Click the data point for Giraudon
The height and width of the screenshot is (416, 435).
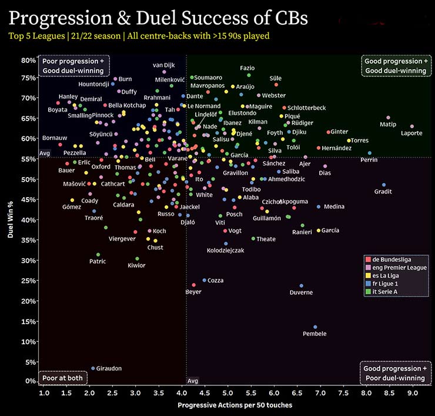pyautogui.click(x=93, y=368)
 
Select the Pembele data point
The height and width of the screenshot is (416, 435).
pyautogui.click(x=315, y=327)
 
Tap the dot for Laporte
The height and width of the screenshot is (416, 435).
pyautogui.click(x=411, y=127)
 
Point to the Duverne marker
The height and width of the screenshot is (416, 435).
pyautogui.click(x=302, y=286)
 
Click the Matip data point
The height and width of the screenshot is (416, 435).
pyautogui.click(x=388, y=118)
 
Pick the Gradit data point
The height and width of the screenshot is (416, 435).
pyautogui.click(x=384, y=185)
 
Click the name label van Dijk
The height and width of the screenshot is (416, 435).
pyautogui.click(x=165, y=65)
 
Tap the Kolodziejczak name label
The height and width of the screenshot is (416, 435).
pyautogui.click(x=225, y=251)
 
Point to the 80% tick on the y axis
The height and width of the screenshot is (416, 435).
pyautogui.click(x=29, y=60)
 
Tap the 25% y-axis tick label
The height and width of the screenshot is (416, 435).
pyautogui.click(x=29, y=281)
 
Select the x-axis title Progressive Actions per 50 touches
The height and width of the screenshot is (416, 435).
pyautogui.click(x=235, y=405)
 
